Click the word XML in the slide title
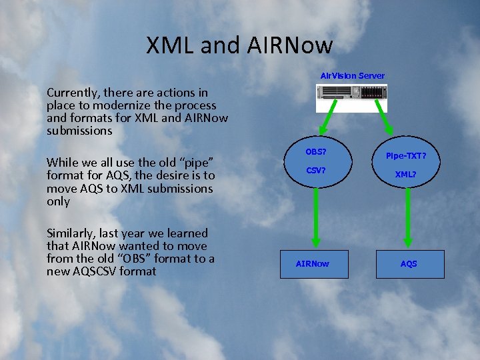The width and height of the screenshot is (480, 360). pos(168,45)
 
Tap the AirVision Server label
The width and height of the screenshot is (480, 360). pos(353,75)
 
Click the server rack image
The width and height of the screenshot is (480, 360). pos(350,97)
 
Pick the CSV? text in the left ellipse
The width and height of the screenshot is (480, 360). pos(316,170)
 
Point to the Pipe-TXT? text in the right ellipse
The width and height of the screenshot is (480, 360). pos(406,156)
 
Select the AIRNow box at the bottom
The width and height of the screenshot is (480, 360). pos(313,264)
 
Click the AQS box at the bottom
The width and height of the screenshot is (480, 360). pos(409,264)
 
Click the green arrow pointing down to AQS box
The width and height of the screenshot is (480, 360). pos(408,220)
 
